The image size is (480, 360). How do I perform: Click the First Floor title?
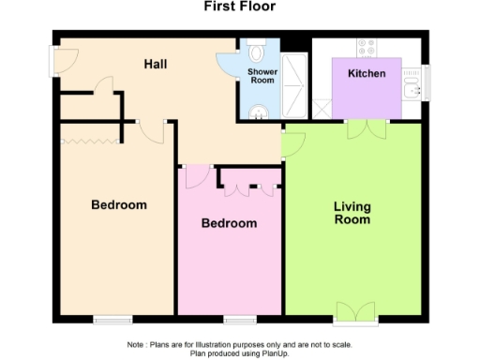click(240, 7)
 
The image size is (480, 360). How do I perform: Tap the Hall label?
click(156, 65)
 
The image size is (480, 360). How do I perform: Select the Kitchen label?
click(367, 73)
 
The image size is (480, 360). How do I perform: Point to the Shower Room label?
click(262, 76)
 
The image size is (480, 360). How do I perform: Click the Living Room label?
click(352, 213)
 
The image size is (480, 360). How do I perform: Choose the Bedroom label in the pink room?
click(230, 223)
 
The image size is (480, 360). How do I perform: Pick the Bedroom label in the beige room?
click(119, 204)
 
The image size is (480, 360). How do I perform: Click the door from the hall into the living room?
click(292, 143)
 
